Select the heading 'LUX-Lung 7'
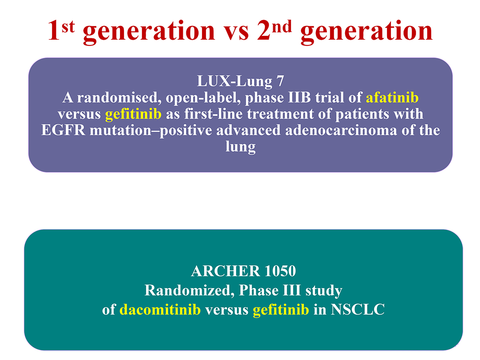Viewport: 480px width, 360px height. tap(240, 81)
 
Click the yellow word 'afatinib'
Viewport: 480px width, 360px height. tap(392, 98)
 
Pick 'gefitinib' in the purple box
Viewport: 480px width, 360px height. tap(133, 114)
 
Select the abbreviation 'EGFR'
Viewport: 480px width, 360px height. tap(63, 130)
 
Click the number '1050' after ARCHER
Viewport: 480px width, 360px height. tap(280, 271)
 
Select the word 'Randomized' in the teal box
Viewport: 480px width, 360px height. tap(189, 290)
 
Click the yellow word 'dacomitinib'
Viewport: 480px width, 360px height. tap(160, 309)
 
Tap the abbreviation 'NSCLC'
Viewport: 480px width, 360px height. tap(357, 309)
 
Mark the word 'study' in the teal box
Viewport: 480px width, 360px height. tap(324, 291)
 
